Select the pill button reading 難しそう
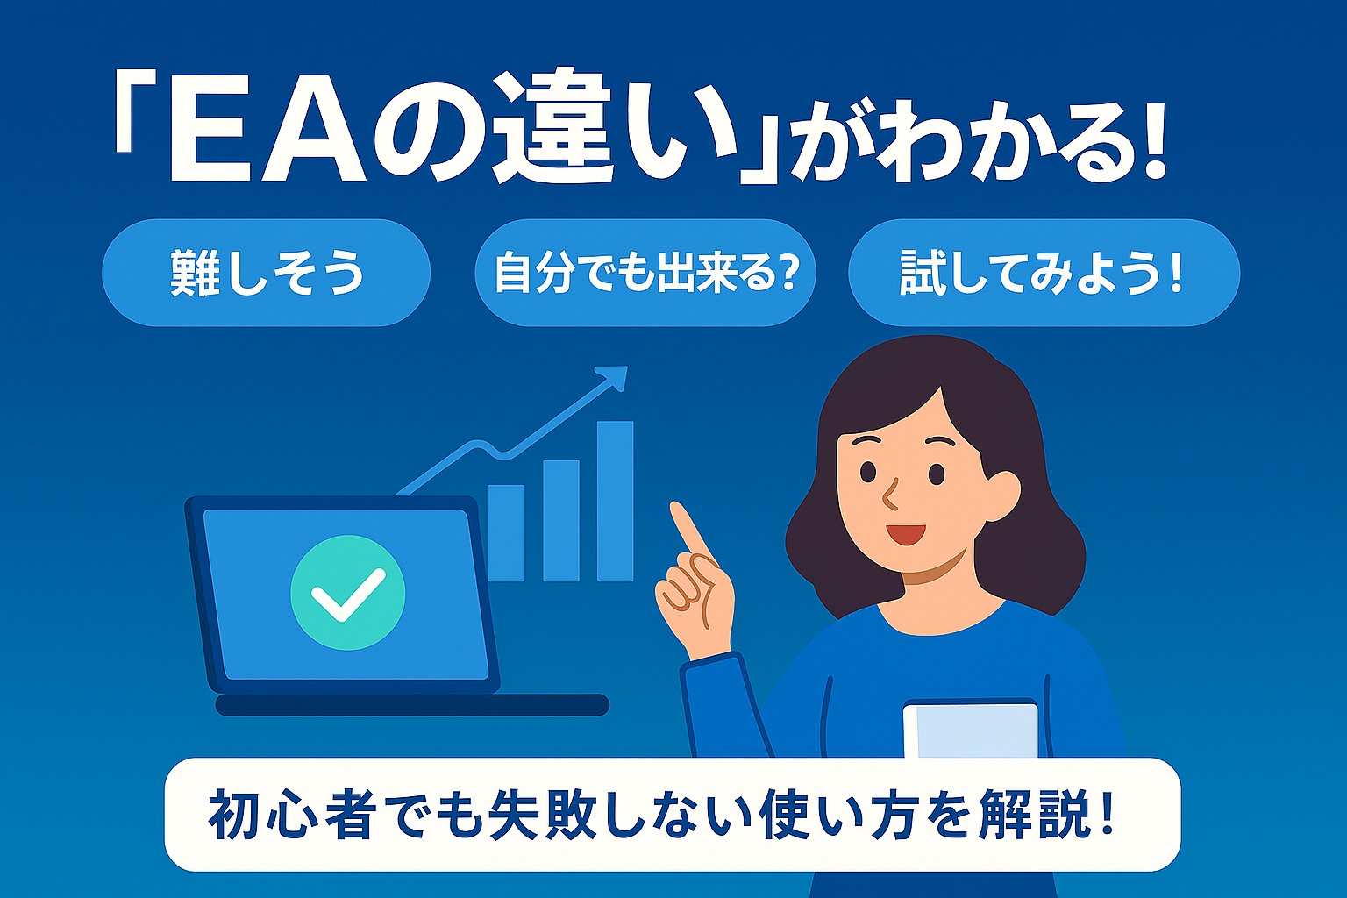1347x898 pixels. click(267, 273)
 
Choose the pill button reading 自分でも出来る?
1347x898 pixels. click(645, 273)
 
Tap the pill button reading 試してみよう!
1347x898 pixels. click(1044, 273)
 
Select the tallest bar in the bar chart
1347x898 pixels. click(615, 501)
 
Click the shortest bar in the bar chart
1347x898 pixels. click(506, 533)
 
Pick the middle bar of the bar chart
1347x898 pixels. click(561, 521)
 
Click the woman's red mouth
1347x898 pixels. click(906, 534)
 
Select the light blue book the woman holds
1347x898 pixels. click(971, 729)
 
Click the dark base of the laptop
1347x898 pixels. click(412, 704)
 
